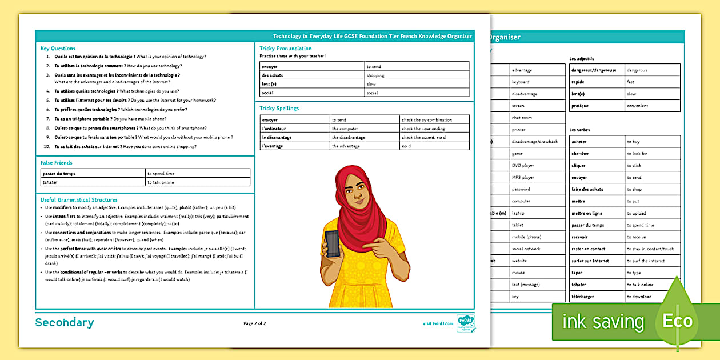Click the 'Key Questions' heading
(x=58, y=49)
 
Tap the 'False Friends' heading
(x=56, y=163)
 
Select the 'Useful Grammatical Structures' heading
(x=79, y=200)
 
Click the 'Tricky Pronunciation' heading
(x=286, y=49)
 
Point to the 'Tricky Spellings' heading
(x=279, y=109)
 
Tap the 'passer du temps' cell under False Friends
(x=59, y=173)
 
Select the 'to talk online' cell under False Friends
(x=161, y=182)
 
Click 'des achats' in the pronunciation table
(x=273, y=75)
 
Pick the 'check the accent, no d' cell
(x=423, y=137)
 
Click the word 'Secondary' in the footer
(x=65, y=323)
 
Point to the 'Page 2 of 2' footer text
(x=255, y=323)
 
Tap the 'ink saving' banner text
(x=603, y=322)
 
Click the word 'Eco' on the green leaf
(x=677, y=321)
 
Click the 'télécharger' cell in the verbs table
(x=585, y=297)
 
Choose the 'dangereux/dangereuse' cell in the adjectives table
(x=595, y=70)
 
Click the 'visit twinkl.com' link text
(x=438, y=323)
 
